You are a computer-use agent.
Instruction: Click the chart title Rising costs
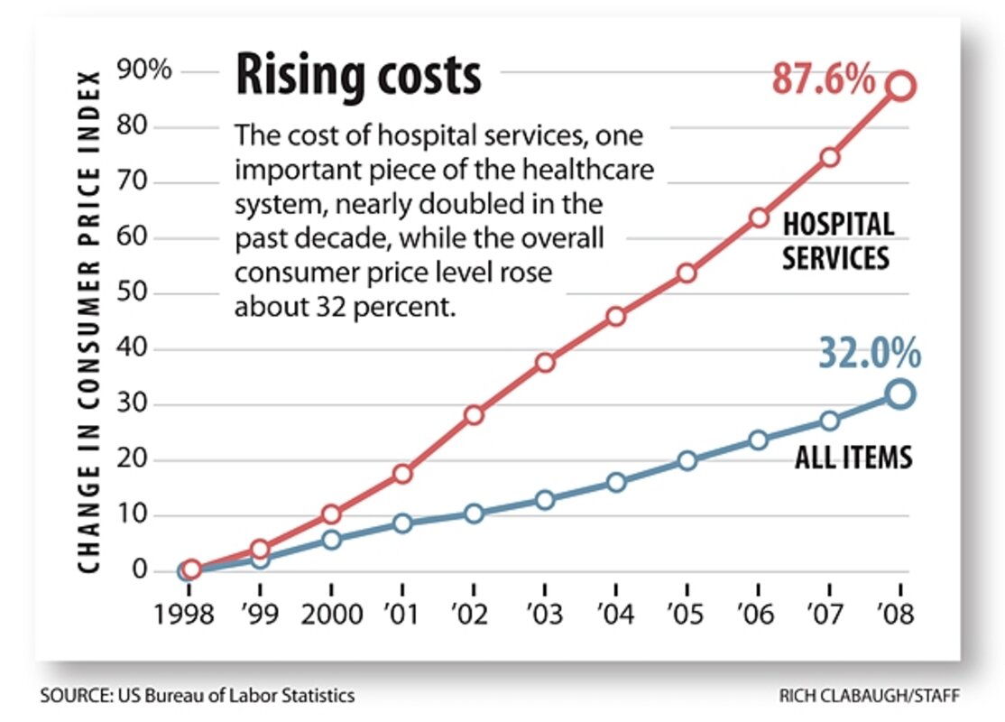click(x=358, y=75)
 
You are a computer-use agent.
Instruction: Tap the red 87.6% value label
click(x=823, y=80)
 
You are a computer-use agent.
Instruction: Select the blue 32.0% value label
click(x=869, y=354)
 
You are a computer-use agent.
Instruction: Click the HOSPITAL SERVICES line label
click(x=837, y=241)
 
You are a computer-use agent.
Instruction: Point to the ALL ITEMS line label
click(x=853, y=458)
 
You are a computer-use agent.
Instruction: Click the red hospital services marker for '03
click(x=545, y=363)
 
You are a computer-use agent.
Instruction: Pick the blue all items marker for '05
click(x=687, y=460)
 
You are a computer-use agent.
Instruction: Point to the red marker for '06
click(x=759, y=218)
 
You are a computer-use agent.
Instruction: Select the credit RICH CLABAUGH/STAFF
click(x=870, y=695)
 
